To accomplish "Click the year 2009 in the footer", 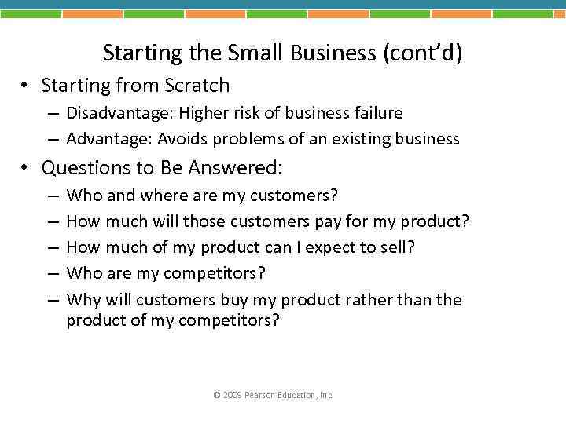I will coord(233,395).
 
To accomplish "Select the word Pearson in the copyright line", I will coord(259,395).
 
